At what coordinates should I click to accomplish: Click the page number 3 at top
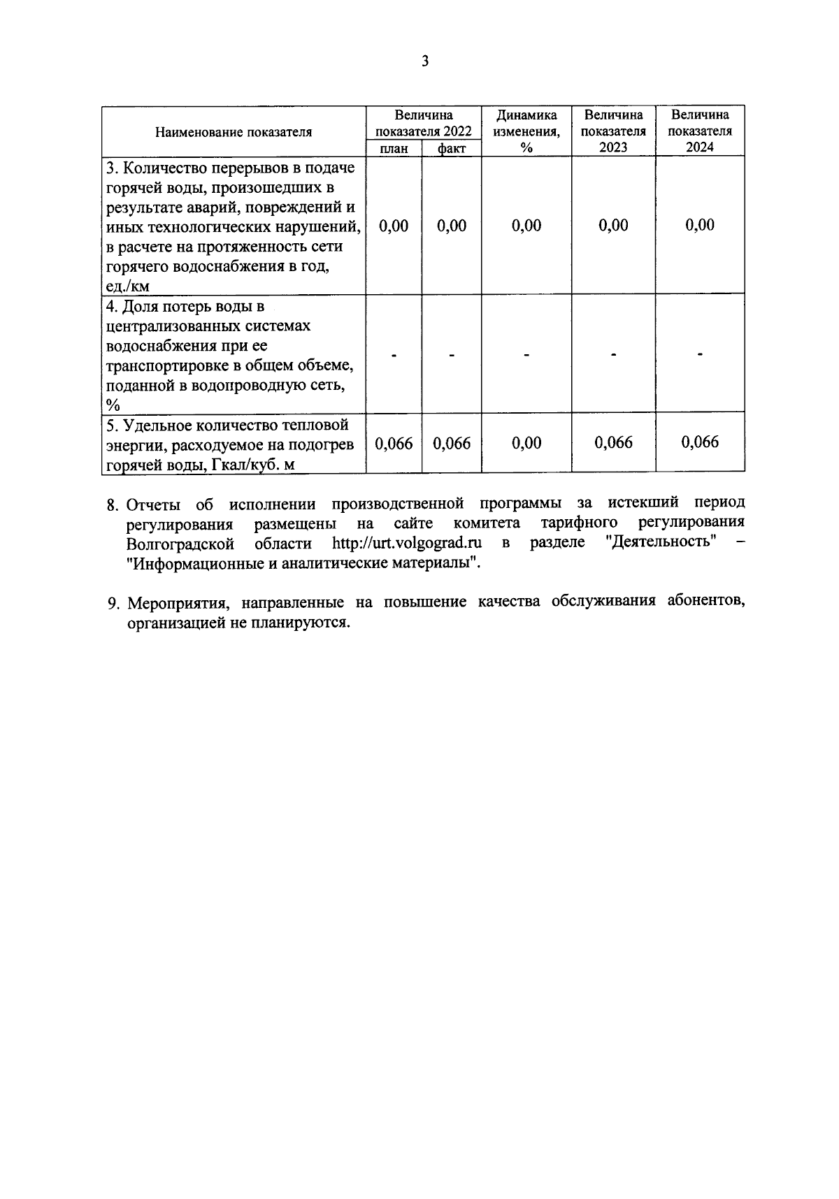tap(424, 61)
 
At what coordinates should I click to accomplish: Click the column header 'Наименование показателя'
tap(234, 132)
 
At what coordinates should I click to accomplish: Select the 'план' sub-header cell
tap(394, 148)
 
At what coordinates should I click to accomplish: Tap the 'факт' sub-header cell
tap(452, 148)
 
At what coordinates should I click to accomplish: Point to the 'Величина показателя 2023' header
tap(613, 131)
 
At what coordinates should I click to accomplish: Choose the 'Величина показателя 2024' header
tap(700, 131)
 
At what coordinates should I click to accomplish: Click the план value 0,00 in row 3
tap(394, 226)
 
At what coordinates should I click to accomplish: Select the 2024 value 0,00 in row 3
tap(700, 225)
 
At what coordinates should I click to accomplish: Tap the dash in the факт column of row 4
tap(452, 356)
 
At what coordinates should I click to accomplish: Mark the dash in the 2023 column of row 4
tap(613, 355)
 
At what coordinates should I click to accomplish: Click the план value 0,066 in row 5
tap(394, 444)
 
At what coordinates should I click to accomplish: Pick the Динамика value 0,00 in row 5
tap(526, 443)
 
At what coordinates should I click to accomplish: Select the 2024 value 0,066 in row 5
tap(700, 442)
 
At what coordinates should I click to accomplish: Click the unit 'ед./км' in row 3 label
tap(128, 286)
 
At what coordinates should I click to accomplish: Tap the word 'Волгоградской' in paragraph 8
tap(180, 544)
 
